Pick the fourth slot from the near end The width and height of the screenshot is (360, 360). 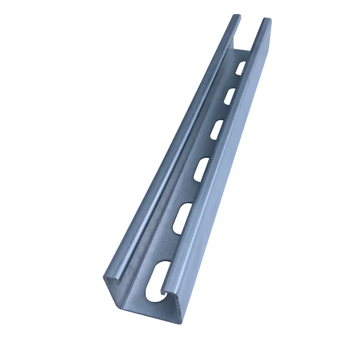click(217, 129)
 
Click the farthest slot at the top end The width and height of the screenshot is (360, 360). click(241, 67)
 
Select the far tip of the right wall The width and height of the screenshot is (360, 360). click(267, 20)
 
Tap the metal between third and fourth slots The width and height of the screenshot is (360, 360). click(210, 148)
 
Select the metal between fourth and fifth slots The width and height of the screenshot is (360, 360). click(224, 111)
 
